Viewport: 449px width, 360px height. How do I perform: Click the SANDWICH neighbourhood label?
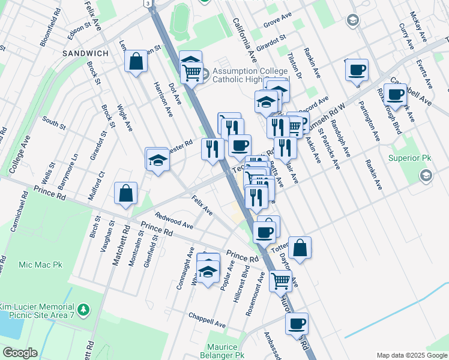[x=85, y=53]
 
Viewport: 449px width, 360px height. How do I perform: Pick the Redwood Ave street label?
[x=173, y=220]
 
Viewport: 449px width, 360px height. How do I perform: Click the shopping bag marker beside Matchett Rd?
[x=126, y=194]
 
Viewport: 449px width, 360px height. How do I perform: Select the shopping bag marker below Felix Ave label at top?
[x=136, y=62]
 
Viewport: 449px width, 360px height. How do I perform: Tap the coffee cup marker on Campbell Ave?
[x=396, y=94]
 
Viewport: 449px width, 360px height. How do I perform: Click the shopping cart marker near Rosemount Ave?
[x=280, y=280]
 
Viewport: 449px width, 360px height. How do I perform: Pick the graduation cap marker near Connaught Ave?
[x=208, y=272]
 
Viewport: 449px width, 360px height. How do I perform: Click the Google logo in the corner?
[x=19, y=353]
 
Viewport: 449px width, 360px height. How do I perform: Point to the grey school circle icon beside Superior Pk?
[x=426, y=175]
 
